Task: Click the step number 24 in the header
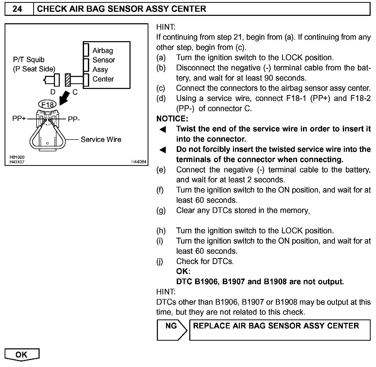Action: (17, 9)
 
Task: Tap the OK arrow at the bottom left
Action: (22, 355)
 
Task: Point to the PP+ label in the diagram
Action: (19, 119)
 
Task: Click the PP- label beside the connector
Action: (74, 119)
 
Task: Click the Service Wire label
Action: (101, 140)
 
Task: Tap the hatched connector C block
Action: (68, 80)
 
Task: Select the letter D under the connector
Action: (53, 92)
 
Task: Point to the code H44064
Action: (139, 162)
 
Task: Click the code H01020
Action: (17, 157)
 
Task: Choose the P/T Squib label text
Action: (29, 60)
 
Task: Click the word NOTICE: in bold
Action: (172, 119)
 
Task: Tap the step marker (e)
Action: (161, 170)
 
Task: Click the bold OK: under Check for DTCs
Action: (183, 271)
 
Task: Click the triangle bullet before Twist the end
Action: (163, 130)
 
